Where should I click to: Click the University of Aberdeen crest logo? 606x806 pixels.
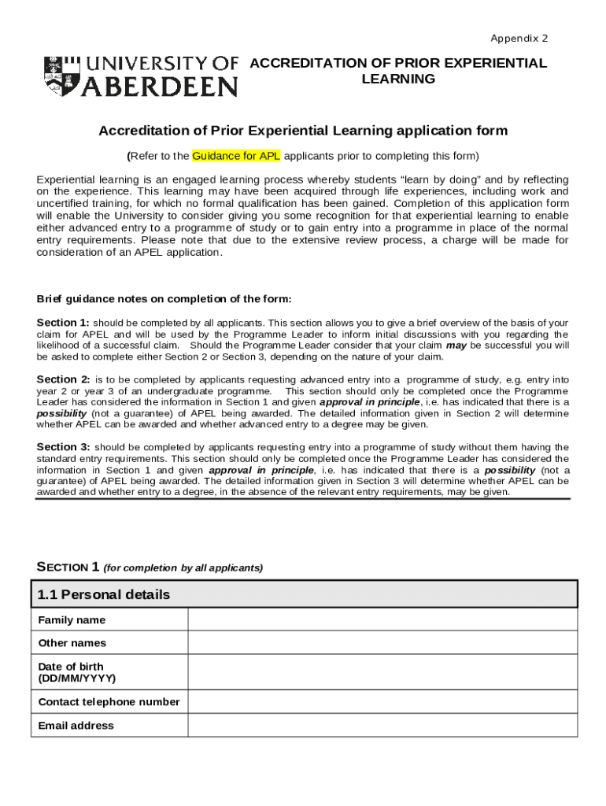[61, 76]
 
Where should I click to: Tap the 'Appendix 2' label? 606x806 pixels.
[519, 39]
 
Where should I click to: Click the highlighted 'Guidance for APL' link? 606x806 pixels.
[236, 155]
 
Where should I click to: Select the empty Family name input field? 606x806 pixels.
[382, 619]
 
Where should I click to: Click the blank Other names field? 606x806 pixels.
[382, 643]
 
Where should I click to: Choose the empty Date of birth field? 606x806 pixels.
[382, 672]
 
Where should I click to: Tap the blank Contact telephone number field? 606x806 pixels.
[382, 701]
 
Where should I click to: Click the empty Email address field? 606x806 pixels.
[382, 725]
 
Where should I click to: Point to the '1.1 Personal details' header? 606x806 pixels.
[104, 594]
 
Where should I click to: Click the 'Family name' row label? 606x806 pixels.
[72, 620]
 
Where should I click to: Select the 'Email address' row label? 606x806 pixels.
[76, 726]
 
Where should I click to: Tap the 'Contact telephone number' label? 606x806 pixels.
[109, 702]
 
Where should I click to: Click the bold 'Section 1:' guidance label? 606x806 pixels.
[63, 323]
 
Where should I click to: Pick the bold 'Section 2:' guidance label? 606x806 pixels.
[63, 379]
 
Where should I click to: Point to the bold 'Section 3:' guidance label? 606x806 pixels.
[63, 447]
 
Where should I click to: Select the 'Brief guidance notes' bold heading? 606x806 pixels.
[164, 299]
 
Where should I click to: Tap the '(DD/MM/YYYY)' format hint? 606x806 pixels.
[77, 678]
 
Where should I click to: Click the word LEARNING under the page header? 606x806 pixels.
[397, 79]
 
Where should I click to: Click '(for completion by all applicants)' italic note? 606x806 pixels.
[183, 568]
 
